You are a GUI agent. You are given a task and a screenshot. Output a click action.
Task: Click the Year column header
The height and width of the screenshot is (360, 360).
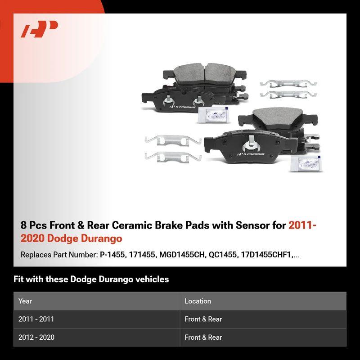pos(25,301)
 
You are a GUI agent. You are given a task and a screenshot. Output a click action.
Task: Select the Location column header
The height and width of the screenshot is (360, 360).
pos(198,301)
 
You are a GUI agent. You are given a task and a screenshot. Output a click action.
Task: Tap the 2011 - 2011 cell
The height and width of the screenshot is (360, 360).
pos(36,319)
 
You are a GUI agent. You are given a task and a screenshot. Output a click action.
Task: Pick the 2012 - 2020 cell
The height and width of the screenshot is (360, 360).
pos(36,337)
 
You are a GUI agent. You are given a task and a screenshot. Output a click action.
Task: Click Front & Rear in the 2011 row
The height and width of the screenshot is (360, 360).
pos(203,319)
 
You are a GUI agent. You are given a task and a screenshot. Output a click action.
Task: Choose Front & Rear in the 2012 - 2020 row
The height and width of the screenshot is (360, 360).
pos(203,337)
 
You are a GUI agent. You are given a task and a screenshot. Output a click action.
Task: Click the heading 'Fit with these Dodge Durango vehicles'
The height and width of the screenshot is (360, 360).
pos(91,279)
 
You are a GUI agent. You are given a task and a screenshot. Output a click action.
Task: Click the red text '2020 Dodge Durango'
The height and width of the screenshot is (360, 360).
pos(71,238)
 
